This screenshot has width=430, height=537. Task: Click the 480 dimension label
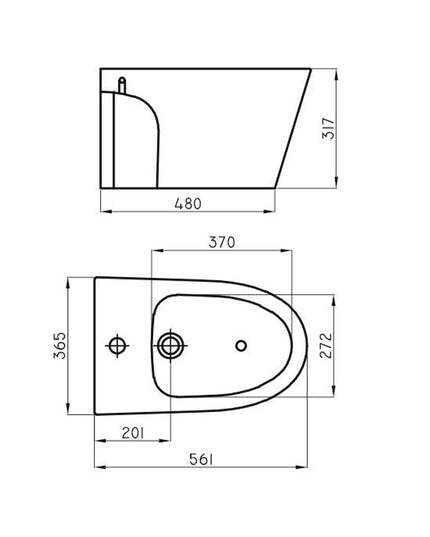pyautogui.click(x=187, y=204)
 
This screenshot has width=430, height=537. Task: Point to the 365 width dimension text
pyautogui.click(x=59, y=346)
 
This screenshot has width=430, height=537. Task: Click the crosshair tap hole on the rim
pyautogui.click(x=119, y=346)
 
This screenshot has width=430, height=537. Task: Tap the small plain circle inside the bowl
pyautogui.click(x=239, y=346)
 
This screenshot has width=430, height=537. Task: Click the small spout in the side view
pyautogui.click(x=123, y=85)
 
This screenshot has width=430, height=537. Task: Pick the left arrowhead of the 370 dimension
pyautogui.click(x=151, y=250)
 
